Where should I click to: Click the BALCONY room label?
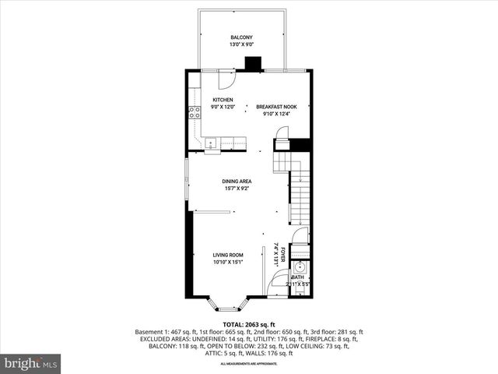[x=241, y=37]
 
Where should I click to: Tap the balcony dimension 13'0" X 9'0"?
[x=241, y=45]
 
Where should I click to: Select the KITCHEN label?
[x=223, y=101]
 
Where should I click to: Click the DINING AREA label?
[x=237, y=181]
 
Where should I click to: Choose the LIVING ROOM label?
[x=228, y=255]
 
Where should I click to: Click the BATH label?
[x=298, y=277]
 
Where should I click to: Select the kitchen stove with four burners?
[x=193, y=111]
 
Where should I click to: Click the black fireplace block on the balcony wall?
[x=251, y=65]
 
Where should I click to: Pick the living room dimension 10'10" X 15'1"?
[x=228, y=263]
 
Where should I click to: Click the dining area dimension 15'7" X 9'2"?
[x=237, y=189]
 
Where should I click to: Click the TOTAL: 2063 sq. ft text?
[x=248, y=324]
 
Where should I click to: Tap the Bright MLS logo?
[x=31, y=363]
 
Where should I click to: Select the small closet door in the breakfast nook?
[x=281, y=145]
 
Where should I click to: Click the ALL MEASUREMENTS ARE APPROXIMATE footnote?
[x=248, y=365]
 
